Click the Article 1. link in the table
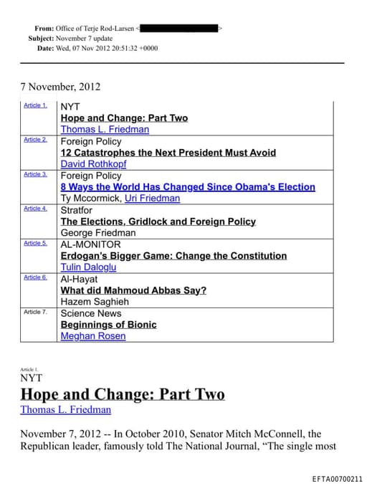click(x=35, y=105)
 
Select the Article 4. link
click(x=35, y=209)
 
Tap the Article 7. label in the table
click(x=35, y=312)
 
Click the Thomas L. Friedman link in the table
click(x=105, y=130)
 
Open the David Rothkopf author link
click(x=93, y=164)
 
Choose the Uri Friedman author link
click(x=152, y=199)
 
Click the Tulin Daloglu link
click(x=88, y=267)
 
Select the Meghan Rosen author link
click(x=92, y=336)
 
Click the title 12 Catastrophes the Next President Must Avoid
click(x=168, y=153)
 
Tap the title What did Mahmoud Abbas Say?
click(x=133, y=290)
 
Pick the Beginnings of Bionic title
click(x=108, y=325)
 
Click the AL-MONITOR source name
click(x=90, y=244)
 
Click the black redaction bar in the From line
click(x=179, y=28)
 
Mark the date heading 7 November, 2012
click(x=60, y=87)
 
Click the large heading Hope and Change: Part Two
click(x=122, y=394)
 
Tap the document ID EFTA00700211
click(x=338, y=478)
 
